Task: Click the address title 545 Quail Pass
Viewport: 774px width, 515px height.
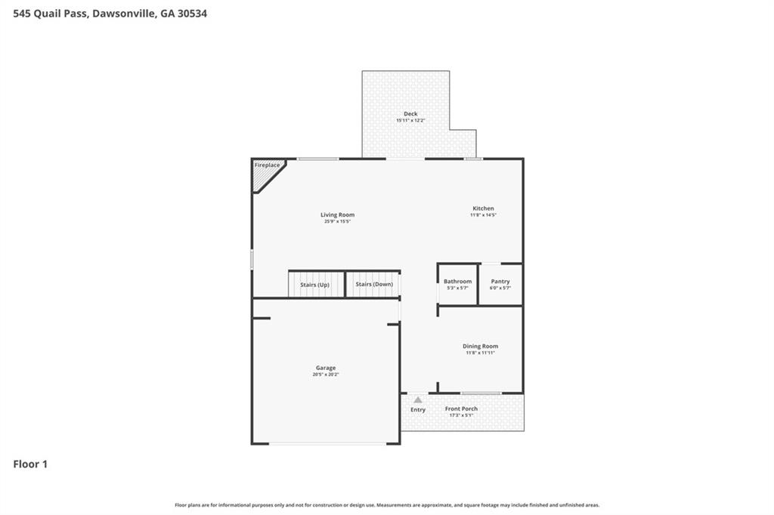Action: pyautogui.click(x=110, y=13)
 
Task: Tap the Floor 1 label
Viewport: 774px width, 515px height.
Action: pyautogui.click(x=30, y=464)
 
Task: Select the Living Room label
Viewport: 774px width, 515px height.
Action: pyautogui.click(x=337, y=214)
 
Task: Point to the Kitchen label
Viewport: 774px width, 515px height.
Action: pyautogui.click(x=483, y=208)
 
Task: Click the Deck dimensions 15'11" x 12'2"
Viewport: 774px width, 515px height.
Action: pyautogui.click(x=410, y=121)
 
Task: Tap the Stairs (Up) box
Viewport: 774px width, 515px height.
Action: pyautogui.click(x=315, y=284)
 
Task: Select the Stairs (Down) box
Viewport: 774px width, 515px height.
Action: pyautogui.click(x=373, y=284)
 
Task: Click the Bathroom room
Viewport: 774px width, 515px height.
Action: pyautogui.click(x=457, y=284)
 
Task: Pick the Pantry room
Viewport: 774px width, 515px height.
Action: pyautogui.click(x=500, y=284)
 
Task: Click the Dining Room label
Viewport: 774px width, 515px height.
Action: pyautogui.click(x=480, y=346)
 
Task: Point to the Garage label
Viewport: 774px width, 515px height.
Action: pyautogui.click(x=326, y=368)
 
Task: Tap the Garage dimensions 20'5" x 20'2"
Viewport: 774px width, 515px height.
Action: pyautogui.click(x=326, y=375)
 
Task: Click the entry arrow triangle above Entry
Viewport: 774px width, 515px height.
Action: pyautogui.click(x=418, y=399)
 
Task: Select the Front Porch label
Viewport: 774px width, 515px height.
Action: pyautogui.click(x=461, y=409)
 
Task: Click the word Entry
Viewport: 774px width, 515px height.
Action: pyautogui.click(x=418, y=410)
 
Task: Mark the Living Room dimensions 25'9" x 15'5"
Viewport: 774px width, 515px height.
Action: pyautogui.click(x=337, y=221)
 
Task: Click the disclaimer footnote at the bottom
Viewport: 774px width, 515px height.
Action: pyautogui.click(x=387, y=505)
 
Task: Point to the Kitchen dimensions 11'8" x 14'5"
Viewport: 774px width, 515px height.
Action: pyautogui.click(x=483, y=215)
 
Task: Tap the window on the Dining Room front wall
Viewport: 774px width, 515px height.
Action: pyautogui.click(x=481, y=393)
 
